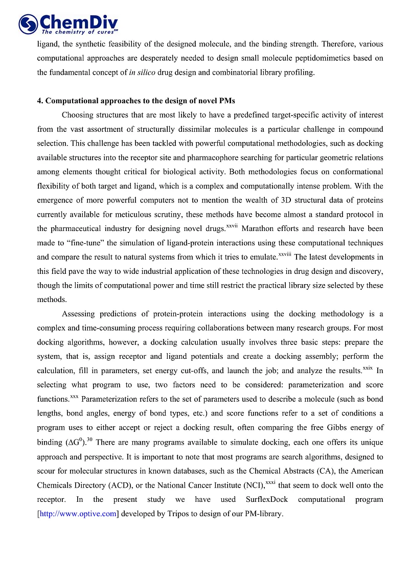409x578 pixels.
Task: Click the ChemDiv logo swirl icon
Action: (28, 24)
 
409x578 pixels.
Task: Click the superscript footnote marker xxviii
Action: (285, 254)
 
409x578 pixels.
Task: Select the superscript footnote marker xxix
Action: (367, 368)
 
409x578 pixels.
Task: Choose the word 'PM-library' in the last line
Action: (262, 514)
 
